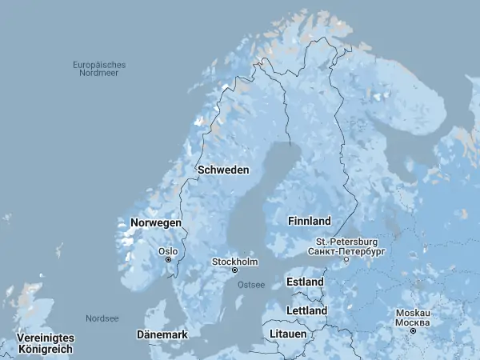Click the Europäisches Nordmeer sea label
99,69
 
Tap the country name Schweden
223,170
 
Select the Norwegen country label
156,222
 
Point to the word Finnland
309,220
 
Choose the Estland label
305,282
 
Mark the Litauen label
288,334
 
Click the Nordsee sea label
102,318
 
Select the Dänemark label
162,334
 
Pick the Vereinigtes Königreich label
46,344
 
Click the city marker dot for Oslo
168,260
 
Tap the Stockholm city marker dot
234,270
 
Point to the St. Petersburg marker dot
346,260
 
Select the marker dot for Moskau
413,331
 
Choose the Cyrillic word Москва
413,322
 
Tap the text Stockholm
234,262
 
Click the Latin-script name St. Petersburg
346,242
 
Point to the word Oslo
168,251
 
